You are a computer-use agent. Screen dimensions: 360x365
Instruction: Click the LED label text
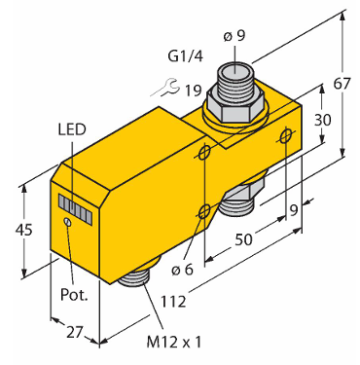[72, 129]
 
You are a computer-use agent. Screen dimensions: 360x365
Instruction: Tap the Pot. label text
[74, 295]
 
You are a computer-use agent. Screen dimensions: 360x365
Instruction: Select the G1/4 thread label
[186, 56]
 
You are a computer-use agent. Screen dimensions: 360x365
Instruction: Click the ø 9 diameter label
[234, 36]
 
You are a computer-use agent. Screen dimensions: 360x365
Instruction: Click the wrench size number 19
[194, 91]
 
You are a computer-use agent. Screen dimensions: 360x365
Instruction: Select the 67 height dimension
[342, 84]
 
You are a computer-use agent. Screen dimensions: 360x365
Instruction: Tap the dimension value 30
[323, 120]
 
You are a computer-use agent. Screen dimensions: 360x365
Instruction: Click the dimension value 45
[24, 230]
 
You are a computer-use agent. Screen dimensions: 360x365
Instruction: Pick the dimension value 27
[75, 333]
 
